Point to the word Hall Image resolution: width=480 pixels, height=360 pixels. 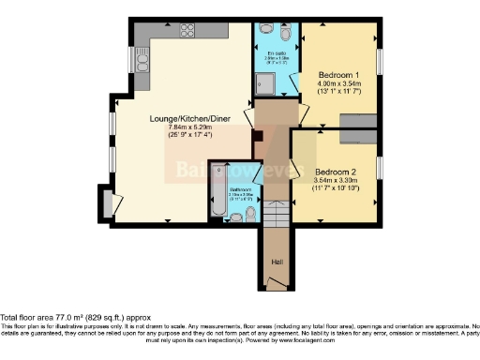[277, 262]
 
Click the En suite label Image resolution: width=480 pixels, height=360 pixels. [277, 53]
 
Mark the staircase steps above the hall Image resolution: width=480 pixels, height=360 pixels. [277, 217]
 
